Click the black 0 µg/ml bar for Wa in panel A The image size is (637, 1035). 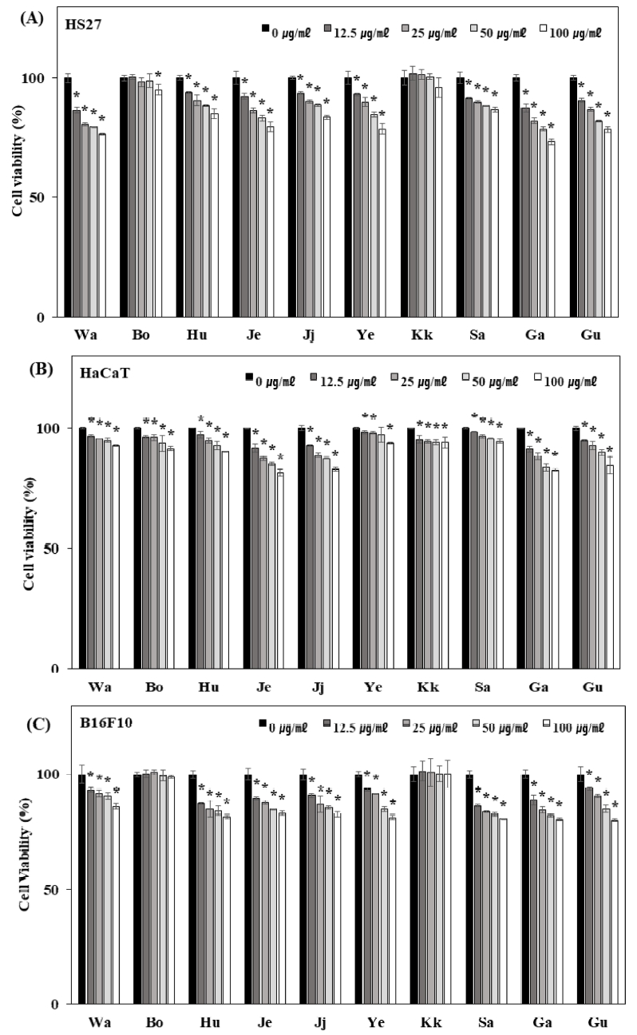click(68, 197)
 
